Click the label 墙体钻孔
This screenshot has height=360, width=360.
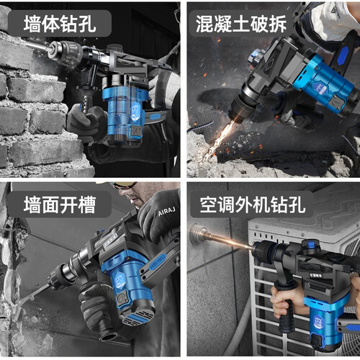pyautogui.click(x=60, y=24)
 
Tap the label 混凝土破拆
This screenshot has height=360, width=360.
pyautogui.click(x=241, y=24)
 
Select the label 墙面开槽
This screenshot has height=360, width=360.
pyautogui.click(x=60, y=204)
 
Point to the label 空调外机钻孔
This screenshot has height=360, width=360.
pyautogui.click(x=253, y=204)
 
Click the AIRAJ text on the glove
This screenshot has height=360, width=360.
pyautogui.click(x=166, y=211)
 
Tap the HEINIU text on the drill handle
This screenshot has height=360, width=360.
pyautogui.click(x=158, y=262)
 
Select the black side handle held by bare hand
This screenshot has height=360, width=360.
pyautogui.click(x=287, y=307)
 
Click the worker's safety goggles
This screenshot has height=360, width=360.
pyautogui.click(x=125, y=185)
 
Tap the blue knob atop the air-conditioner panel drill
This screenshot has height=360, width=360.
pyautogui.click(x=311, y=245)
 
